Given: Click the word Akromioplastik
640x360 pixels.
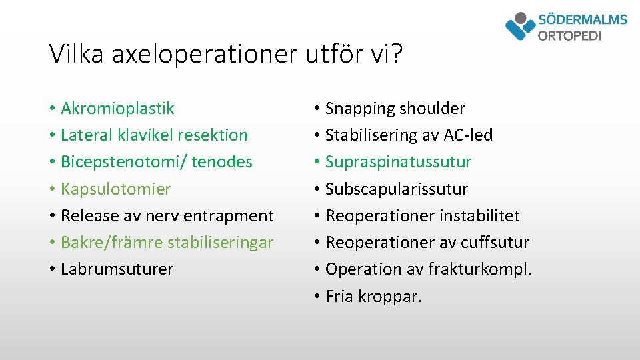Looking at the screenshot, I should pos(117,108).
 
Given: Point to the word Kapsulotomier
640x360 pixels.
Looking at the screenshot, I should pos(115,189).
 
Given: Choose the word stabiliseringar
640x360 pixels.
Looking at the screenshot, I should pos(220,242).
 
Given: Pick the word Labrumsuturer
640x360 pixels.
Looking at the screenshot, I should pos(117,269).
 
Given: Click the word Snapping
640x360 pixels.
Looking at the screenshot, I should pos(358,108).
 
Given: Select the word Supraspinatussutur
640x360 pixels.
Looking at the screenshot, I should pos(398,162).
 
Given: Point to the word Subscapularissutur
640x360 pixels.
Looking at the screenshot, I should pos(397,189).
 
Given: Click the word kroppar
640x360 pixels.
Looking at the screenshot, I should pos(392,296).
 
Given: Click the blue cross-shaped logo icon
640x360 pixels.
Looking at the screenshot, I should pos(520,27).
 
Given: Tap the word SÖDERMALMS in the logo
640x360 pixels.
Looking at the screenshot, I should pos(582,19).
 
